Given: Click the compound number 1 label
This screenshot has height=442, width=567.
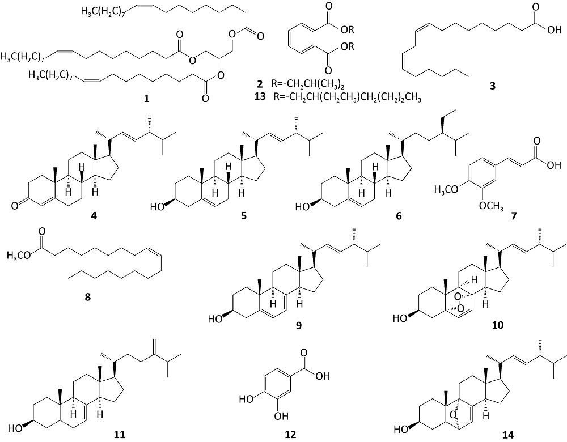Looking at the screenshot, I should coord(147,99).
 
